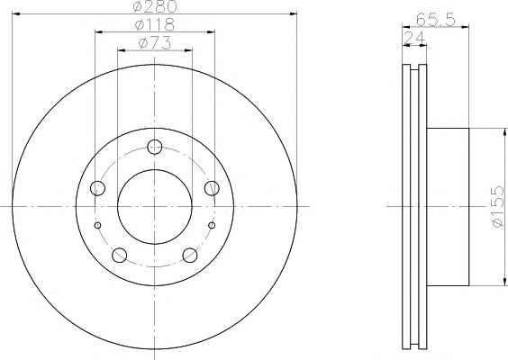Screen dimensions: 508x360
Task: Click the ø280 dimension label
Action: [x=155, y=6]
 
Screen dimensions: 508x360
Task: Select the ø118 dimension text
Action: [x=155, y=24]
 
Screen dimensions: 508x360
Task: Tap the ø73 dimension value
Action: [x=155, y=43]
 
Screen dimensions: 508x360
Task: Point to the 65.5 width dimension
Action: [x=436, y=20]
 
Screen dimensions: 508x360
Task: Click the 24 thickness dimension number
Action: [x=414, y=38]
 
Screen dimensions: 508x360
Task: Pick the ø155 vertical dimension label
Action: [x=498, y=207]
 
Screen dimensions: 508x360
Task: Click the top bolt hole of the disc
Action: [x=155, y=147]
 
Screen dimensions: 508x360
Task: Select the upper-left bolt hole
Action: [x=97, y=188]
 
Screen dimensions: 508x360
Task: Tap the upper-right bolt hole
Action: [x=212, y=188]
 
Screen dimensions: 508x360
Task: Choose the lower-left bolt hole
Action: [x=119, y=255]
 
